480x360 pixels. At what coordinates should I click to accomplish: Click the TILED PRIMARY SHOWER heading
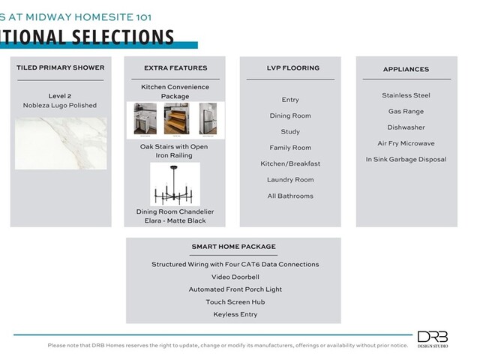pyautogui.click(x=61, y=68)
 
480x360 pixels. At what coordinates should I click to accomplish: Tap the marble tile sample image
pyautogui.click(x=61, y=142)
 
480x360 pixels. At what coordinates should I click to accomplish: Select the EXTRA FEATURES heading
pyautogui.click(x=175, y=68)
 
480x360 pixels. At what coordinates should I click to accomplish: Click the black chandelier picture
pyautogui.click(x=175, y=184)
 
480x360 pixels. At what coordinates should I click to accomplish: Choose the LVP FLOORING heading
pyautogui.click(x=290, y=68)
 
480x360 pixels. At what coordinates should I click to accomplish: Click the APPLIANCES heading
pyautogui.click(x=406, y=69)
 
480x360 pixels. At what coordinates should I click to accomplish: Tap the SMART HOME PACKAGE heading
pyautogui.click(x=233, y=247)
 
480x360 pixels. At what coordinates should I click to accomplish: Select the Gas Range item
pyautogui.click(x=406, y=112)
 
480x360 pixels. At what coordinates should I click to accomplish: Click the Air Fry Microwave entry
pyautogui.click(x=406, y=143)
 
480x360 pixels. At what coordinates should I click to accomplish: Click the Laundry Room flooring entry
pyautogui.click(x=290, y=180)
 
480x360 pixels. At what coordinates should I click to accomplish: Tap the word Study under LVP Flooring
pyautogui.click(x=290, y=132)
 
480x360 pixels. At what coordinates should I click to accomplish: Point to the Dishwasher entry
pyautogui.click(x=406, y=127)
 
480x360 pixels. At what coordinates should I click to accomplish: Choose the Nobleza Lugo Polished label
pyautogui.click(x=61, y=106)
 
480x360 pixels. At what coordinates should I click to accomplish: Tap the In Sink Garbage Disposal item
pyautogui.click(x=406, y=159)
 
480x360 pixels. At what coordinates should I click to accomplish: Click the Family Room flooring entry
pyautogui.click(x=290, y=148)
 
